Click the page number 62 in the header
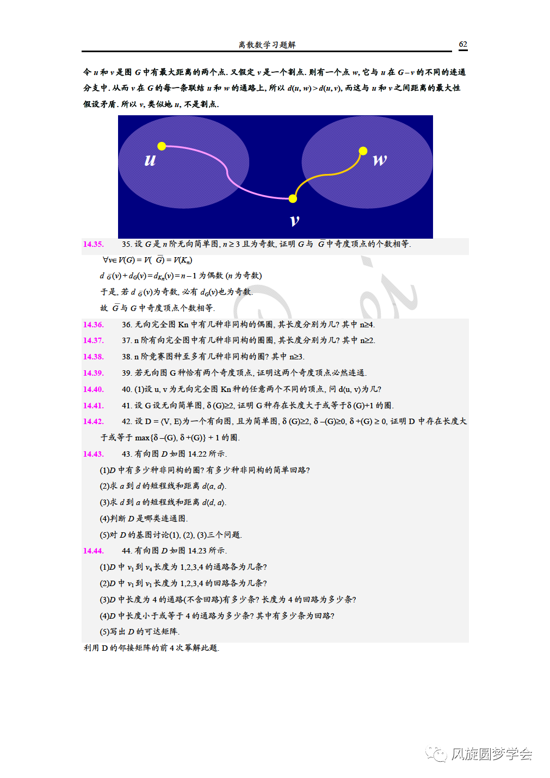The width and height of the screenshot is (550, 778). point(463,45)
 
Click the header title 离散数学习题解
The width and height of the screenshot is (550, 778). point(267,45)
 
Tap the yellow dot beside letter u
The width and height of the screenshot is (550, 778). point(162,146)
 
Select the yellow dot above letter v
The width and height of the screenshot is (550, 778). point(293,198)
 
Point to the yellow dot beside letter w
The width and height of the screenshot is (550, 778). point(363,151)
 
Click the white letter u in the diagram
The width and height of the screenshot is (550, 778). point(150,160)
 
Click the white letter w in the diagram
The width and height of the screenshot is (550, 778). point(380,160)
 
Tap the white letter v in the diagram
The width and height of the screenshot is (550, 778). point(295,220)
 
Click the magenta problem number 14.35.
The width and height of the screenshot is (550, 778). point(93,244)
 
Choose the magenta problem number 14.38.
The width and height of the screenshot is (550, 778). point(93,357)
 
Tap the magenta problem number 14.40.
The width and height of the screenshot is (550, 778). point(93,389)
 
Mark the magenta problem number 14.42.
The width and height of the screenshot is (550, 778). point(93,421)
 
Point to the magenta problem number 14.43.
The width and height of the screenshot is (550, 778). point(93,454)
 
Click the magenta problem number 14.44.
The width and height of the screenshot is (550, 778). point(93,551)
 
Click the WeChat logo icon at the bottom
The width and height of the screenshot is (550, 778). point(436,754)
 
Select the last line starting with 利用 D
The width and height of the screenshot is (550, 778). point(151,648)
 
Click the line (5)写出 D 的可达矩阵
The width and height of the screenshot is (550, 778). point(139,632)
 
